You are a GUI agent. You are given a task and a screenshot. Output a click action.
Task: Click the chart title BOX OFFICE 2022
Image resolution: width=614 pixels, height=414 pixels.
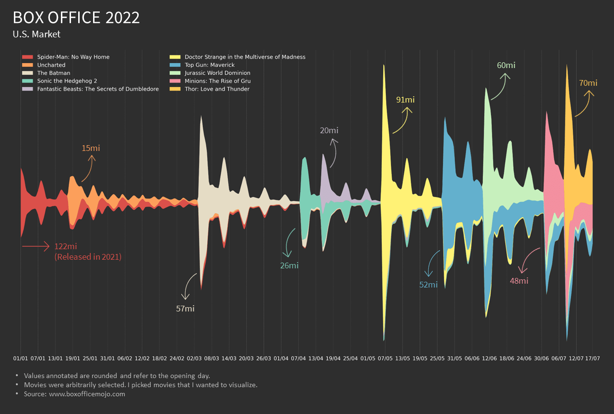pyautogui.click(x=76, y=18)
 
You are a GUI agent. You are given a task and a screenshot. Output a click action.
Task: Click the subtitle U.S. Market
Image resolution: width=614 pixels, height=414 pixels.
pyautogui.click(x=36, y=34)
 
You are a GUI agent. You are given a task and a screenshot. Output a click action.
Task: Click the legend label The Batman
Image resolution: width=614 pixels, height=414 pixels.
pyautogui.click(x=54, y=73)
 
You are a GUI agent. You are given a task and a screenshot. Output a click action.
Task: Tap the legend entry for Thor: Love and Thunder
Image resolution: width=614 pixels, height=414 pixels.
pyautogui.click(x=217, y=89)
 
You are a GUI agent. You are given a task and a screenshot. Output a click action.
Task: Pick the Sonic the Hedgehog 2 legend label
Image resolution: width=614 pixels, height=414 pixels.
pyautogui.click(x=67, y=81)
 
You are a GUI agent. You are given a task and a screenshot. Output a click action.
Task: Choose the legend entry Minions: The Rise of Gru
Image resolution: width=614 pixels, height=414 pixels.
pyautogui.click(x=217, y=81)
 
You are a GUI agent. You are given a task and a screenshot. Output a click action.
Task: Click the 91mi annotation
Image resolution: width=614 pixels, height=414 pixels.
pyautogui.click(x=405, y=100)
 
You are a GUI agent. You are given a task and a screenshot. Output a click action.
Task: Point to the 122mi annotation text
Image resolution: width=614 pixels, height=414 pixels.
pyautogui.click(x=66, y=246)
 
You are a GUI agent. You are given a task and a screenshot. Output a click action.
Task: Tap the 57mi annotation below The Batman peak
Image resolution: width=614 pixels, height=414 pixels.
pyautogui.click(x=185, y=309)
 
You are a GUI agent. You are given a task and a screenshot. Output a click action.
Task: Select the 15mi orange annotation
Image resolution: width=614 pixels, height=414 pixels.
pyautogui.click(x=91, y=148)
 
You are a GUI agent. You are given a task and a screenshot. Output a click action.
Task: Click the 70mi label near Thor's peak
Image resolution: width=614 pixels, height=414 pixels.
pyautogui.click(x=588, y=83)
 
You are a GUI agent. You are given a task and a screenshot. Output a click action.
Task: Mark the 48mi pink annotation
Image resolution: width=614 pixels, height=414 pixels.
pyautogui.click(x=519, y=281)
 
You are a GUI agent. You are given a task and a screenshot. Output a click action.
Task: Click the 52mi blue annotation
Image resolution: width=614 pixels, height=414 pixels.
pyautogui.click(x=428, y=285)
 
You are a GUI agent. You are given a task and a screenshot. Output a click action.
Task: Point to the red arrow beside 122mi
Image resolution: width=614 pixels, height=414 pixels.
pyautogui.click(x=35, y=246)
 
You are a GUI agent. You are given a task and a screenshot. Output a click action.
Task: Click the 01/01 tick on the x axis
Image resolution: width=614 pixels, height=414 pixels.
pyautogui.click(x=21, y=358)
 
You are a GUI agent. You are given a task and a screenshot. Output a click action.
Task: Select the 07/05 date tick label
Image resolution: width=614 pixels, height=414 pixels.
pyautogui.click(x=385, y=358)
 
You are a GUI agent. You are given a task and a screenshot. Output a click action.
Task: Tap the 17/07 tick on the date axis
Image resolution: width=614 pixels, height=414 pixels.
pyautogui.click(x=592, y=358)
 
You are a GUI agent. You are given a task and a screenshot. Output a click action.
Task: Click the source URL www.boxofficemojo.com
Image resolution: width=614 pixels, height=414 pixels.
pyautogui.click(x=87, y=394)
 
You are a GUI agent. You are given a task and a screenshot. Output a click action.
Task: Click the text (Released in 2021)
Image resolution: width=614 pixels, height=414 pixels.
pyautogui.click(x=88, y=257)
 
